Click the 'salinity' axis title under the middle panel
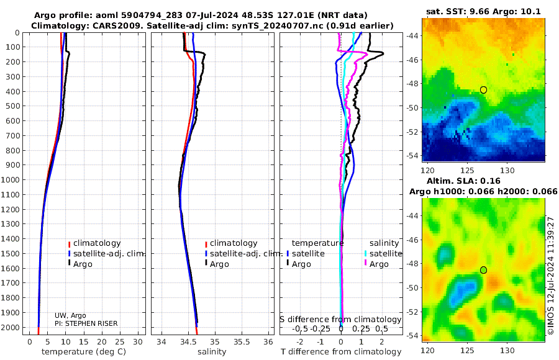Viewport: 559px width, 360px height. click(x=211, y=352)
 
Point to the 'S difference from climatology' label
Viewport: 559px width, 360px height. click(x=340, y=319)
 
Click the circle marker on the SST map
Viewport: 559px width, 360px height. click(x=483, y=90)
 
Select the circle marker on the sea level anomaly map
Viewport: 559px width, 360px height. click(x=483, y=270)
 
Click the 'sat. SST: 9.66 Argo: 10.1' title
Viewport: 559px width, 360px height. click(x=483, y=11)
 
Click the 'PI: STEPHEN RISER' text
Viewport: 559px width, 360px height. click(x=86, y=323)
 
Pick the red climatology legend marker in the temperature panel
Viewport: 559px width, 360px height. click(x=69, y=243)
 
